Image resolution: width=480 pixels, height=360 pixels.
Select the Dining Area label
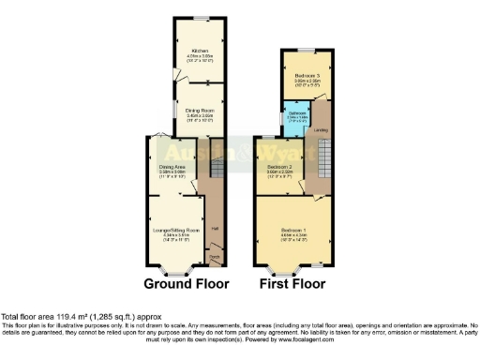coord(170,167)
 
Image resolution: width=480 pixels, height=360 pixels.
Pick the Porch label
coord(214,256)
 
